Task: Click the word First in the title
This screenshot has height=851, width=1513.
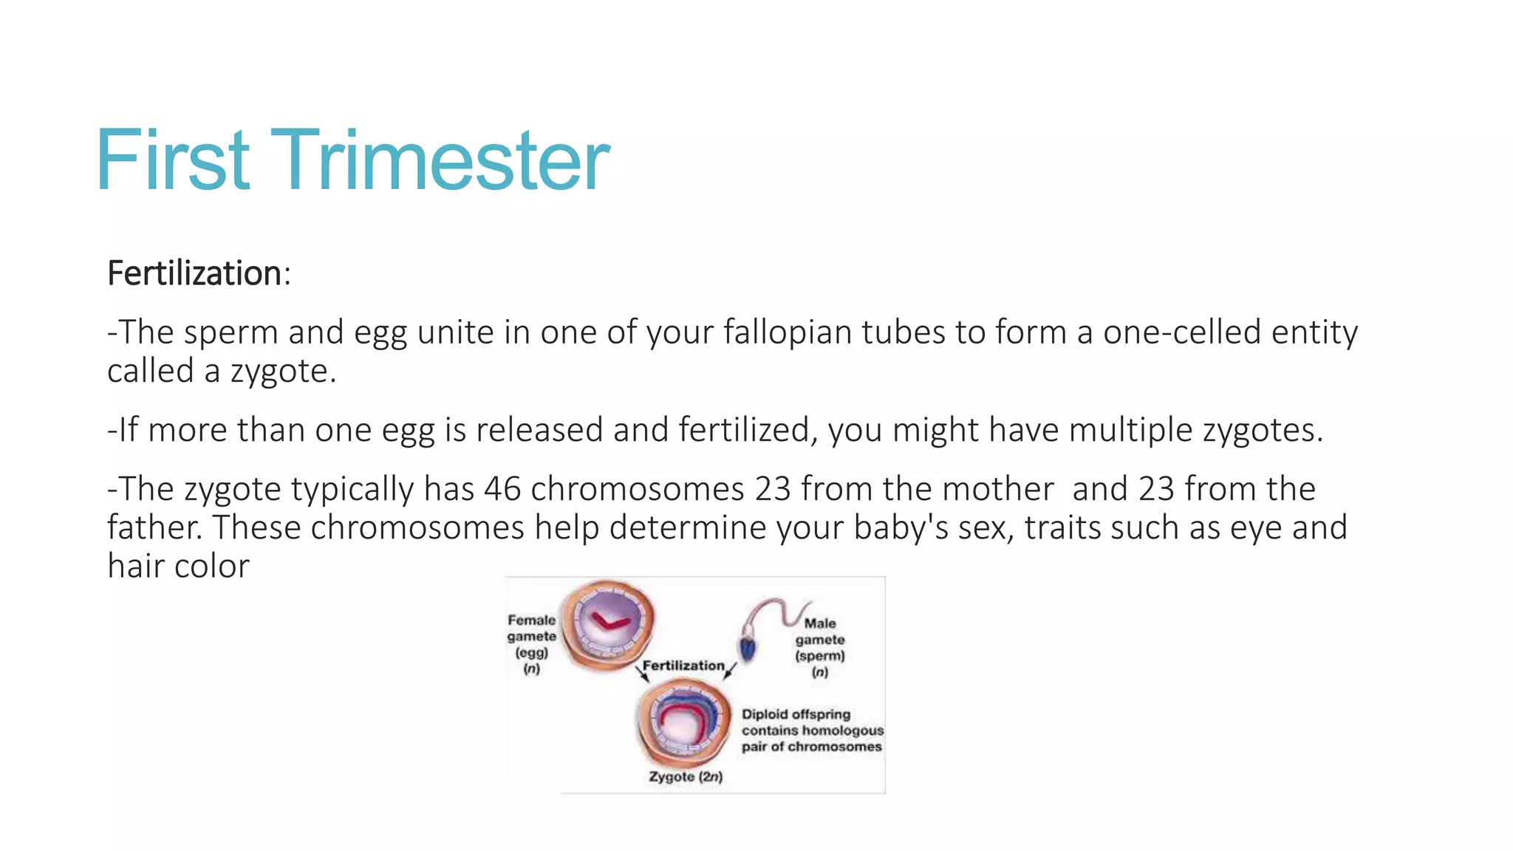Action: pos(174,161)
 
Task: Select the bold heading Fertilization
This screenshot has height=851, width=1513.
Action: pos(194,273)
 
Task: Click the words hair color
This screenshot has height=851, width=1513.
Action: pos(178,566)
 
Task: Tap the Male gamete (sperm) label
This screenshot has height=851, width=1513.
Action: pos(820,647)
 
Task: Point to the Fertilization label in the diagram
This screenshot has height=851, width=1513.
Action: pos(683,666)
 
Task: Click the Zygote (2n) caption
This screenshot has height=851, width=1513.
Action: pos(686,776)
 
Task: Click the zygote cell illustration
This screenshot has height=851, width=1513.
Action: pos(684,722)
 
